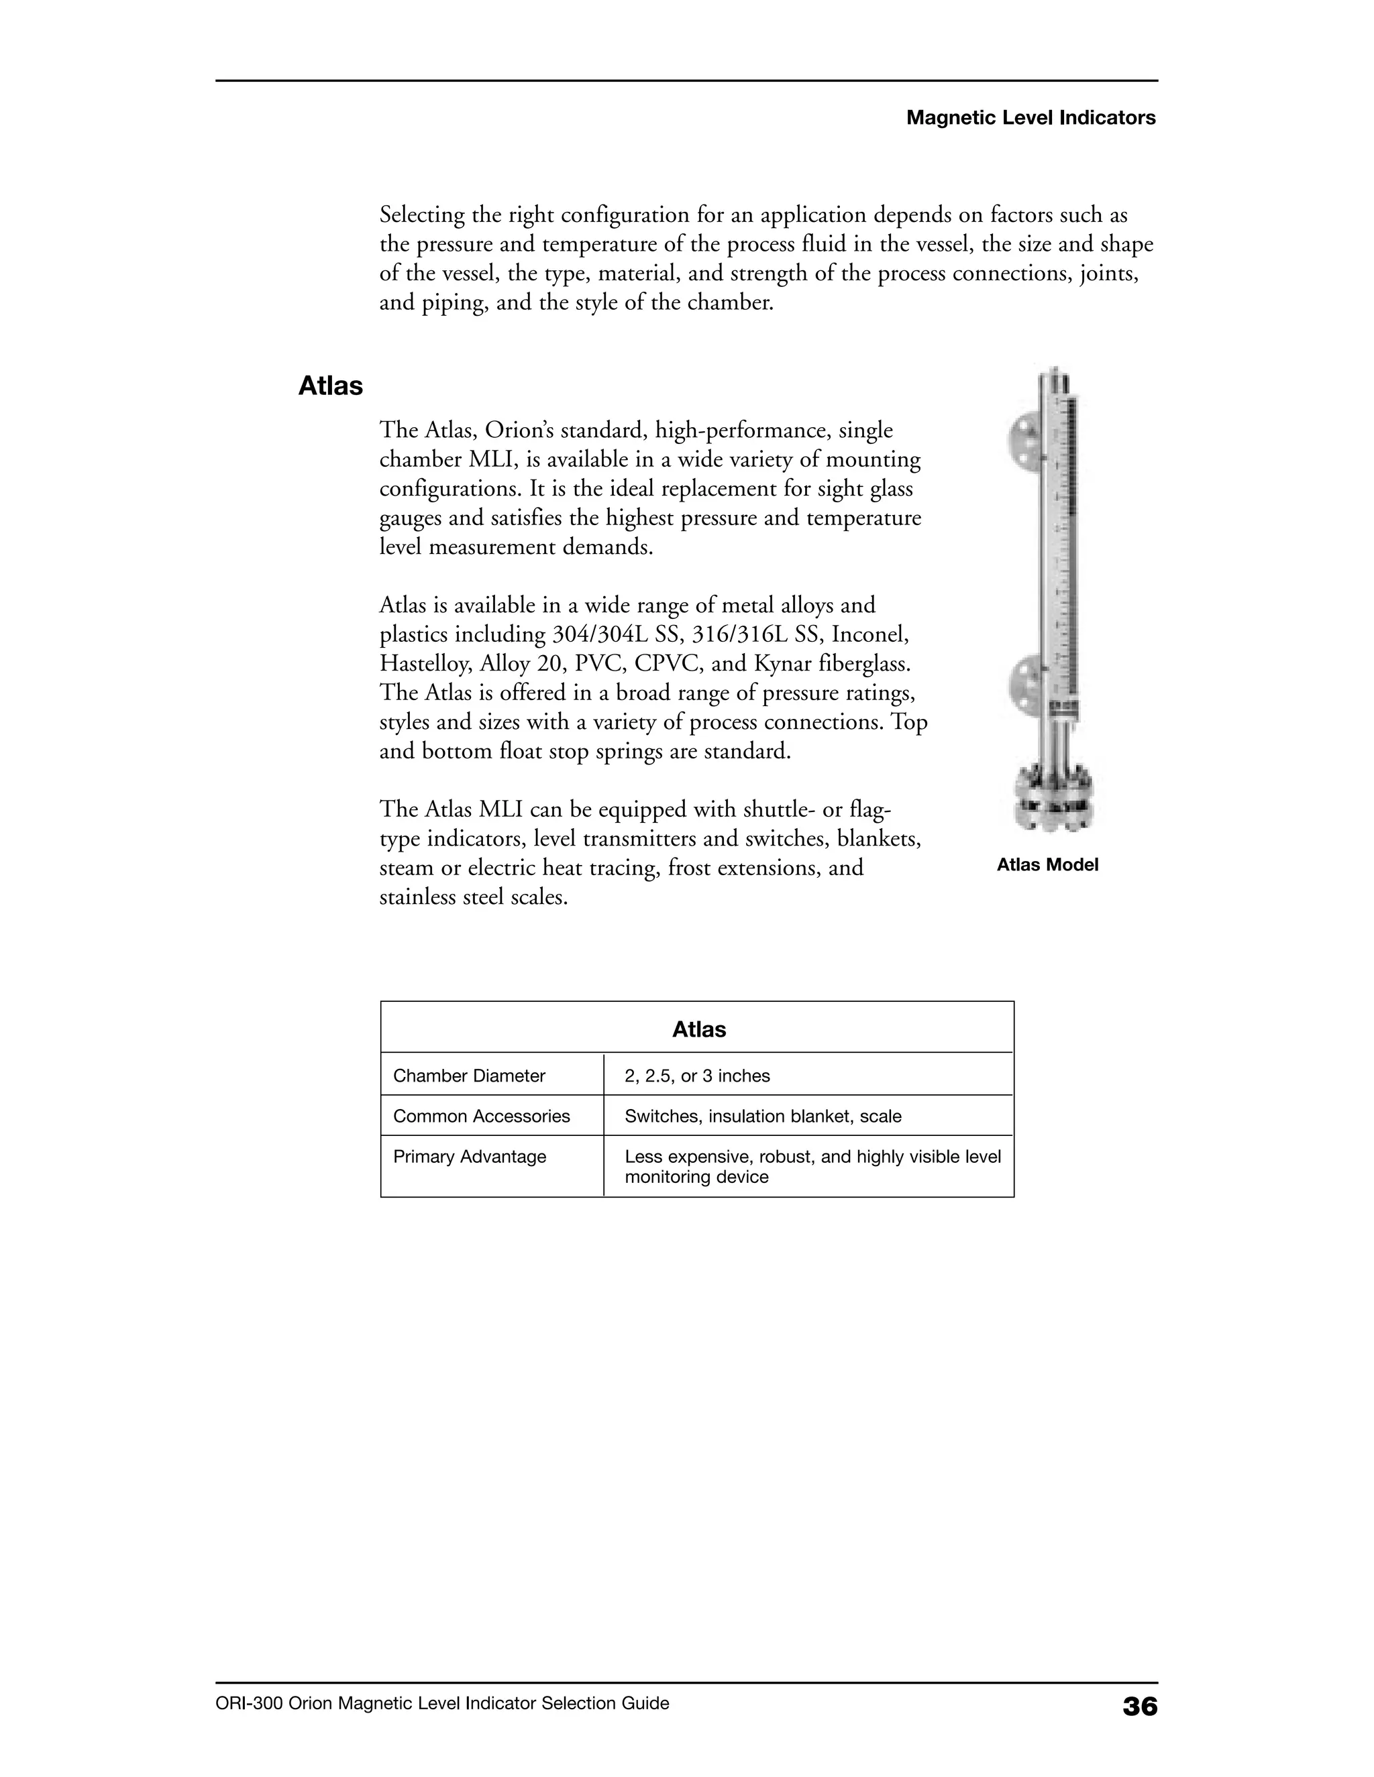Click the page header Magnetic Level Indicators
(x=1030, y=118)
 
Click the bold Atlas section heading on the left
(x=331, y=386)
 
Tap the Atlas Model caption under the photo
(x=1047, y=865)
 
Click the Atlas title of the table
(x=698, y=1029)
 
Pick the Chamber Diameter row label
(x=469, y=1076)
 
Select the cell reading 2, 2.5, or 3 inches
(x=697, y=1076)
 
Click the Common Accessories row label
(x=481, y=1116)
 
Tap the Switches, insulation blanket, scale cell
(x=763, y=1116)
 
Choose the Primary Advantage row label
(x=470, y=1156)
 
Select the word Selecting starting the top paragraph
(x=421, y=216)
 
